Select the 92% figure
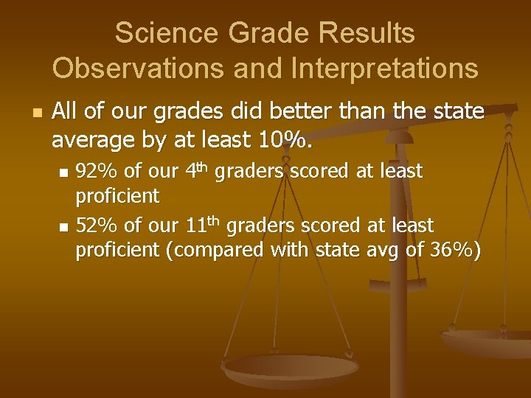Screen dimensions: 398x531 click(x=97, y=172)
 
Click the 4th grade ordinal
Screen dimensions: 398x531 click(x=195, y=170)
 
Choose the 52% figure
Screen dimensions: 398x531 click(x=97, y=225)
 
